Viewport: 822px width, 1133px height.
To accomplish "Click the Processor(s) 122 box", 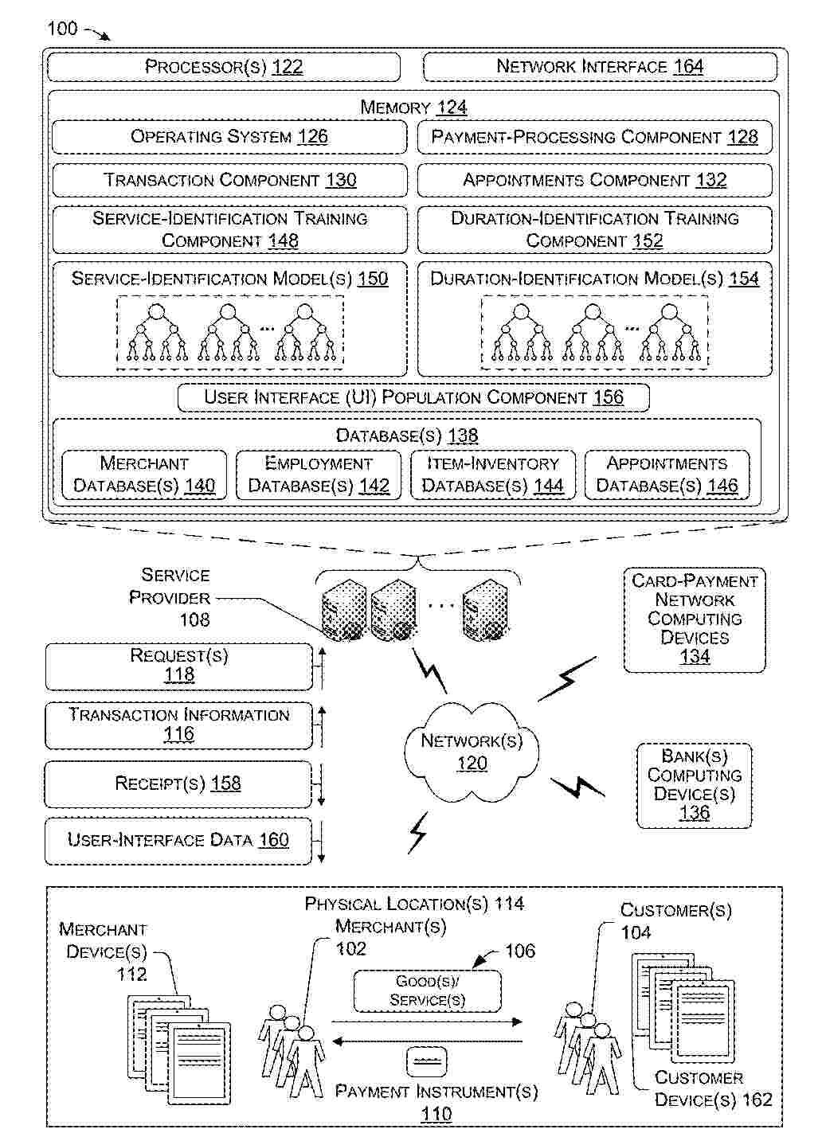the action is tap(224, 67).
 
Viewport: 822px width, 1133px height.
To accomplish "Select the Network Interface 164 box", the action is tap(600, 67).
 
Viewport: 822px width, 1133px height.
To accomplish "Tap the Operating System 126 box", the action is tap(229, 137).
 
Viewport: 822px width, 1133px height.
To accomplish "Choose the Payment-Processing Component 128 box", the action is tap(595, 137).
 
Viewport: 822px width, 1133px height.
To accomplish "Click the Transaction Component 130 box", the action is tap(229, 180).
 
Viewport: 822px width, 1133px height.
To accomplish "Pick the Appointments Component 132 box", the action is tap(595, 180).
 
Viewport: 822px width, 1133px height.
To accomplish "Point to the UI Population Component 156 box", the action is tap(413, 397).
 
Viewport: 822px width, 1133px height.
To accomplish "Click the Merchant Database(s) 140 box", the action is tap(144, 475).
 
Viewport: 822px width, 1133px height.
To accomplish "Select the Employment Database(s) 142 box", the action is tap(319, 475).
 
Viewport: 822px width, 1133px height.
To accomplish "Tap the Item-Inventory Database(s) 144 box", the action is tap(493, 475).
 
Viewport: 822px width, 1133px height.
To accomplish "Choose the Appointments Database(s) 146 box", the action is tap(667, 475).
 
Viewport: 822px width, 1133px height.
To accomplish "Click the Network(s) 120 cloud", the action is tap(472, 752).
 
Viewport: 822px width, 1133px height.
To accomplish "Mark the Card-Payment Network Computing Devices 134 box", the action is tap(695, 619).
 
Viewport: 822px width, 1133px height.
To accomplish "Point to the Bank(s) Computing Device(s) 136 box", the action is tap(695, 786).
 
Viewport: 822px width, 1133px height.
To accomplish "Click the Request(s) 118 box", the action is tap(179, 666).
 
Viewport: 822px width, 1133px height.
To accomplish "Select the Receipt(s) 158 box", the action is tap(178, 784).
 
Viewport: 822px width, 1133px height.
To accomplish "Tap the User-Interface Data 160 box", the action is tap(178, 841).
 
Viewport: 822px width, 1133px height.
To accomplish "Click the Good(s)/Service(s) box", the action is tap(428, 990).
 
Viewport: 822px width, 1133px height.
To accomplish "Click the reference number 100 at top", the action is tap(62, 29).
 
